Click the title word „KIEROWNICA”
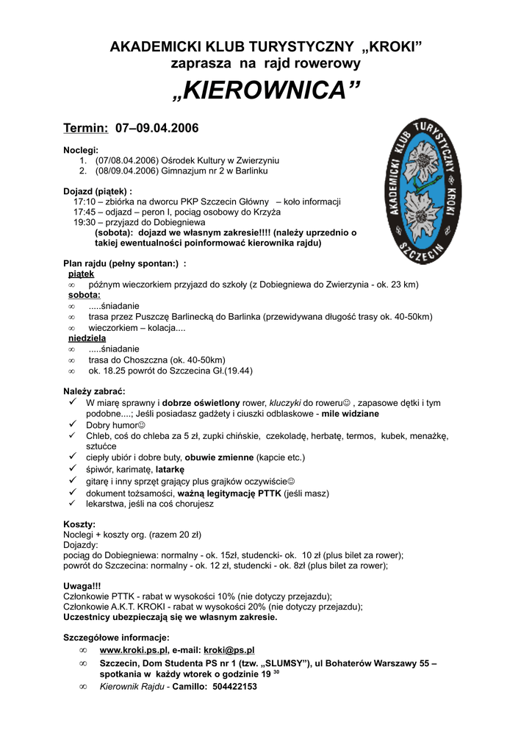pyautogui.click(x=266, y=91)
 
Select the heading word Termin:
pyautogui.click(x=86, y=128)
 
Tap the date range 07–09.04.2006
pyautogui.click(x=157, y=128)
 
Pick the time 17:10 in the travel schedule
pyautogui.click(x=84, y=201)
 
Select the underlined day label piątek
pyautogui.click(x=81, y=274)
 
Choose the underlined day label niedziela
pyautogui.click(x=87, y=338)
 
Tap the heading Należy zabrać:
pyautogui.click(x=94, y=391)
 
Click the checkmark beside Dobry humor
pyautogui.click(x=73, y=424)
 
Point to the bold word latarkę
pyautogui.click(x=170, y=468)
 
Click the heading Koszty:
pyautogui.click(x=80, y=524)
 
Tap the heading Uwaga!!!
pyautogui.click(x=82, y=586)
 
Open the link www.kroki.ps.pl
pyautogui.click(x=134, y=650)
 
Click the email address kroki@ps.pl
pyautogui.click(x=229, y=650)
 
